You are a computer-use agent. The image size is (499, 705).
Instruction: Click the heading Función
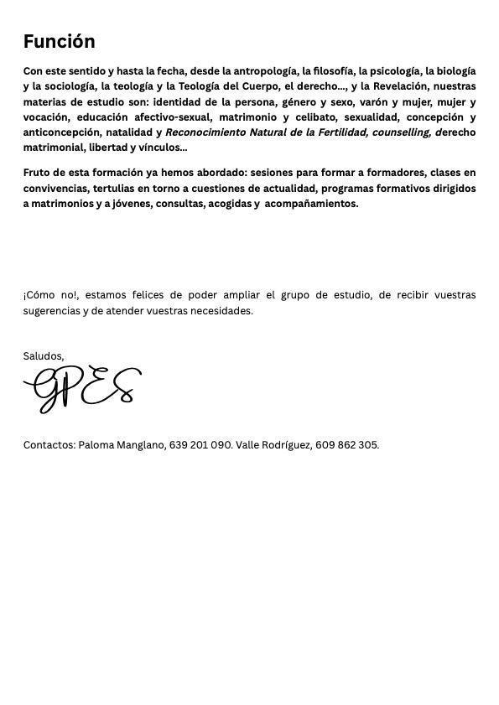coord(59,41)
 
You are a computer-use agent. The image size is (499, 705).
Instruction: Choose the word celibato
coord(313,117)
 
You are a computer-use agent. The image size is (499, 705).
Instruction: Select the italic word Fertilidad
coord(339,132)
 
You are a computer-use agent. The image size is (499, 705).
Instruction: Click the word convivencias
coord(55,188)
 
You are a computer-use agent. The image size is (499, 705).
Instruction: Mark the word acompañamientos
coord(311,203)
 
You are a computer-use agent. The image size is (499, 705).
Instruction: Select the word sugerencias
coord(54,310)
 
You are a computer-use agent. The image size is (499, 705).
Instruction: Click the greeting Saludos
coord(43,355)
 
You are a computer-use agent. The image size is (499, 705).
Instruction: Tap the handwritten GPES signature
coord(82,389)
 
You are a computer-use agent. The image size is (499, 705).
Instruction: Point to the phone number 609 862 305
coord(346,444)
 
